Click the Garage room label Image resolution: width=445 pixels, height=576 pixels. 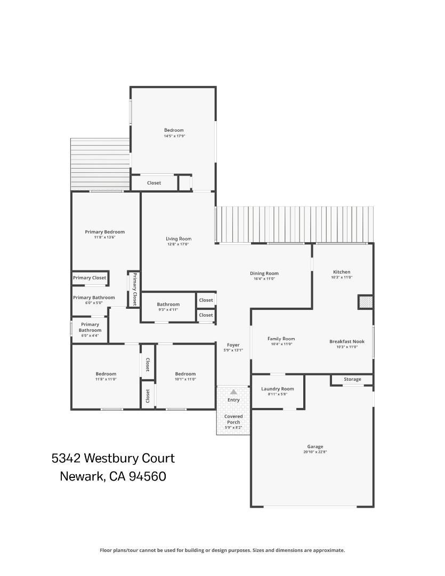point(315,447)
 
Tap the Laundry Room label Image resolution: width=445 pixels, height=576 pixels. point(278,389)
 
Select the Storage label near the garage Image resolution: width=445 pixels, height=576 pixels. point(352,379)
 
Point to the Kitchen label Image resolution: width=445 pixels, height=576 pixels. point(342,272)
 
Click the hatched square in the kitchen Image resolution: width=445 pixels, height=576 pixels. point(365,302)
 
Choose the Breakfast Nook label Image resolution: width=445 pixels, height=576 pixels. point(347,341)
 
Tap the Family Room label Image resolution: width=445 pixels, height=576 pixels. point(281,339)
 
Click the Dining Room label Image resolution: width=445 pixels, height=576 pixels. point(264,273)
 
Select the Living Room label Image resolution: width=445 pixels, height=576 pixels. point(179,239)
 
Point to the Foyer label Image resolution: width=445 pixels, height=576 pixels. point(233,345)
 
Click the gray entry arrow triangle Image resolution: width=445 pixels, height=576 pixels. point(233,392)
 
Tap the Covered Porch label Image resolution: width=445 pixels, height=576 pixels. point(233,419)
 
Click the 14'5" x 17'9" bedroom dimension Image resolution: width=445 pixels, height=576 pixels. point(174,136)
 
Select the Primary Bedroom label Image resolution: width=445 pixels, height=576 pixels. point(104,232)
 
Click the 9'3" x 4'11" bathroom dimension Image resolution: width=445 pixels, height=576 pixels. point(168,310)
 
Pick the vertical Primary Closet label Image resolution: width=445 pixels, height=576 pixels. point(135,289)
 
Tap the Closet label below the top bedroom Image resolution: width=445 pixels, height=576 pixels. point(154,183)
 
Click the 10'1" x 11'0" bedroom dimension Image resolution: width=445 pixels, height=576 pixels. point(185,379)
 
